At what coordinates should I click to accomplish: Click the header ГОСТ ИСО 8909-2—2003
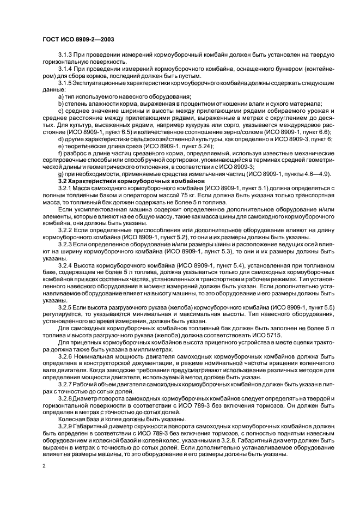click(75, 39)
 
